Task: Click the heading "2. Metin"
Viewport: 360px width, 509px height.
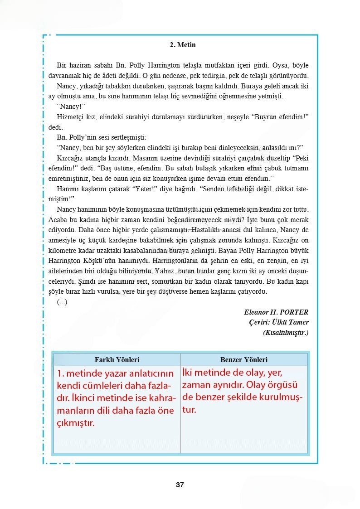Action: click(182, 45)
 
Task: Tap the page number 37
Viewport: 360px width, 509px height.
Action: click(180, 485)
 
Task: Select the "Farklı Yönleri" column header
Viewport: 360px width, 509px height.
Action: click(117, 360)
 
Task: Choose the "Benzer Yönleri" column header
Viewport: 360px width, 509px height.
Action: click(244, 360)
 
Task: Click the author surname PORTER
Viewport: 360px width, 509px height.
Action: click(294, 312)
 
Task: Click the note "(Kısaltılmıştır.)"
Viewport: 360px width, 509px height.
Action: click(286, 332)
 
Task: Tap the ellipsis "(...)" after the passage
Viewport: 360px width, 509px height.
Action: click(62, 302)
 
